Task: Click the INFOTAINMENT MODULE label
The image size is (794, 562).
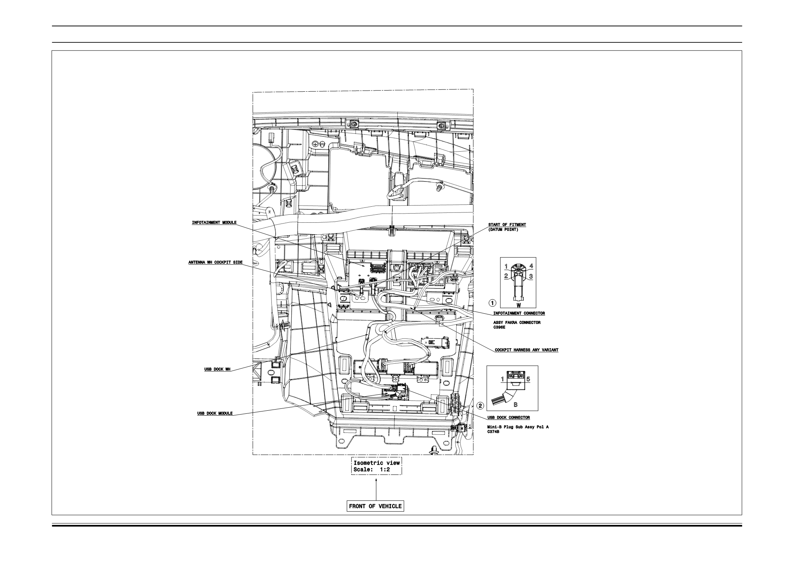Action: click(x=214, y=223)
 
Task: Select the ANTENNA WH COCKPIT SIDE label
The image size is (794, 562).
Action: click(x=215, y=262)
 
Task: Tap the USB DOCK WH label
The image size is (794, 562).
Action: click(x=218, y=369)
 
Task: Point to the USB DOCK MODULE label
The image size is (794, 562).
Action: click(x=215, y=413)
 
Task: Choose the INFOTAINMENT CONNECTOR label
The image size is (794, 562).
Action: click(x=516, y=313)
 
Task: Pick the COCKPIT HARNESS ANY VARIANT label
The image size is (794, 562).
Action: click(x=526, y=350)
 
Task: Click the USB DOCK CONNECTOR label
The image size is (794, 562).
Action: click(x=508, y=418)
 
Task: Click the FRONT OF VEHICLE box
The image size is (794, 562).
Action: click(x=376, y=506)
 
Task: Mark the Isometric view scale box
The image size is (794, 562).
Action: click(x=376, y=466)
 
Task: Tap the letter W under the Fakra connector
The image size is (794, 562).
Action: click(x=519, y=305)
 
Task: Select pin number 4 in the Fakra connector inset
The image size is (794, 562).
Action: click(x=531, y=266)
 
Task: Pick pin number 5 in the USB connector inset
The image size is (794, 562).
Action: click(x=528, y=379)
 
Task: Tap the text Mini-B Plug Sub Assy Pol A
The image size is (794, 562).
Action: click(x=518, y=427)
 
